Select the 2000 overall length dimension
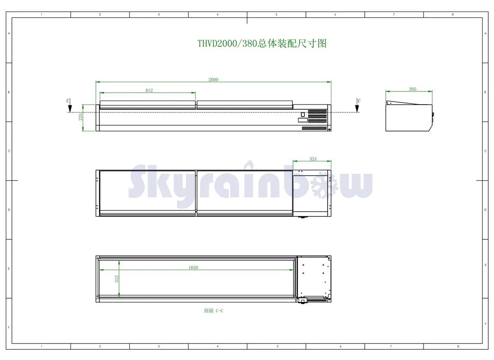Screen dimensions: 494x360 coord(213,79)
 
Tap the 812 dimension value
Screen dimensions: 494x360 coord(149,90)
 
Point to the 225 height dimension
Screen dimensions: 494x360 coord(81,117)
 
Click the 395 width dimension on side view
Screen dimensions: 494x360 coord(412,89)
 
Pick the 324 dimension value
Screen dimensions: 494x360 coord(313,159)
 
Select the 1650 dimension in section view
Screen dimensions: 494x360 coord(193,267)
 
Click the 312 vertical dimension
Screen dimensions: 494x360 coord(117,279)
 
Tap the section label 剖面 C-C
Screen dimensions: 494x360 coord(214,311)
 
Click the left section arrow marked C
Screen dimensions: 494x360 coord(70,105)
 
